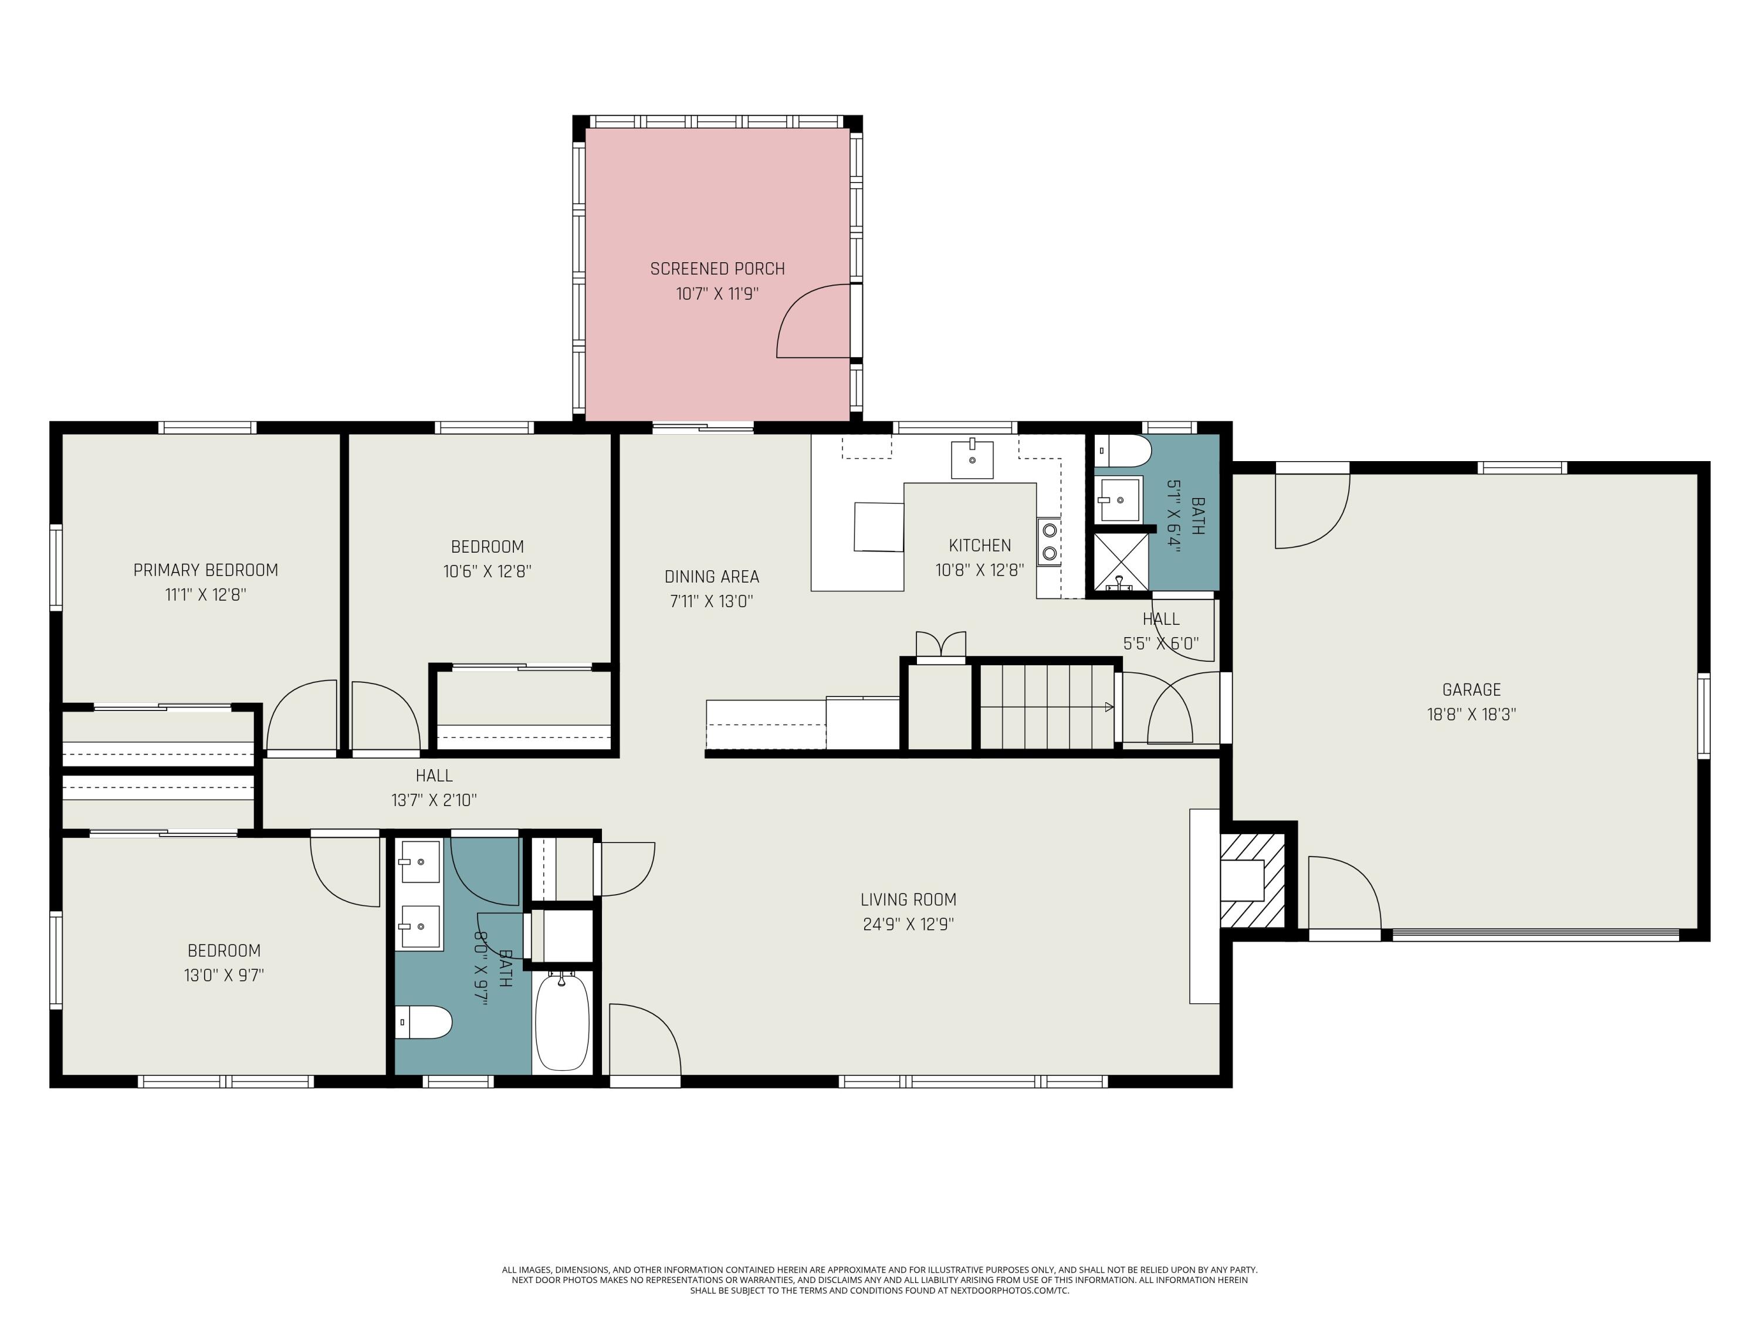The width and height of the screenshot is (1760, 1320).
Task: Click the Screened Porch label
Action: [717, 269]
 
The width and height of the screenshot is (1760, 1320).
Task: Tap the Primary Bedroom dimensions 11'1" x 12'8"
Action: [205, 594]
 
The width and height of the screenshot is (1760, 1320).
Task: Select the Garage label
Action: [1471, 690]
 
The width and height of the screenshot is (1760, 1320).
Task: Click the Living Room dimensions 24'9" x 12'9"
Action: [908, 924]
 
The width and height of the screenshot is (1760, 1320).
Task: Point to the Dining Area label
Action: [711, 577]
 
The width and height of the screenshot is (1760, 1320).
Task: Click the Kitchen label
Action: [980, 546]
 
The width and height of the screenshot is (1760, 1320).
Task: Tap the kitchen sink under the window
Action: [972, 460]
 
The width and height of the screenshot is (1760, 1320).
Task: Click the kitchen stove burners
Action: [1050, 541]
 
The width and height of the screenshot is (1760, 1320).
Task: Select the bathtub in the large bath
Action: [562, 1021]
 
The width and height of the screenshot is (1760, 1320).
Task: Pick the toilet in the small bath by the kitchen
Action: [1123, 451]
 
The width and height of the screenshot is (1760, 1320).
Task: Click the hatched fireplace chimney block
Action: [1253, 881]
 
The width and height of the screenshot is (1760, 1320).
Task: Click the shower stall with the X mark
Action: [1121, 562]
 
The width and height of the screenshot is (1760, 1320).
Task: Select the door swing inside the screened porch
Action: [813, 321]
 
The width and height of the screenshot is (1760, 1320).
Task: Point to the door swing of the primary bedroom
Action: [302, 715]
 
